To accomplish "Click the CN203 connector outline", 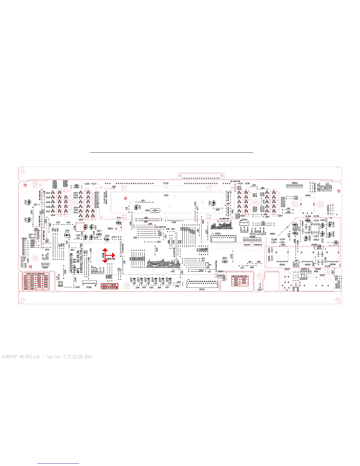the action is (294, 186).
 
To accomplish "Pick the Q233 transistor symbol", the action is (225, 261).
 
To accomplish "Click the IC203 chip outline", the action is (315, 228).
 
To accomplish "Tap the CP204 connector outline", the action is (244, 223).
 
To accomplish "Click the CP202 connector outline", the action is (223, 238).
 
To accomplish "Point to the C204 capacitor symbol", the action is (67, 235).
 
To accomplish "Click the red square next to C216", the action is (79, 227).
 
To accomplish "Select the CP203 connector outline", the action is (89, 283).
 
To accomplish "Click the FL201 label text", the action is (166, 183).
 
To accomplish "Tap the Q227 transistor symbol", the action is (99, 235).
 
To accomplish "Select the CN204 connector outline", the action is (45, 264).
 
